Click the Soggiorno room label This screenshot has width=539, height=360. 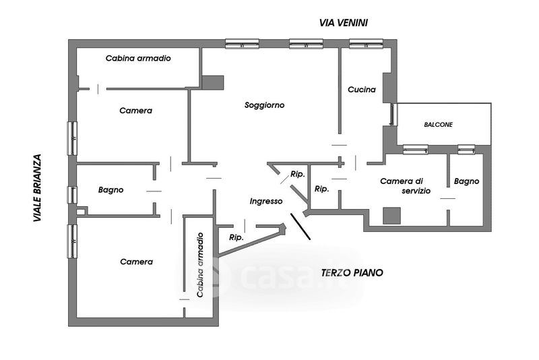pos(265,105)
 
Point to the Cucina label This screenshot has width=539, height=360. pos(362,90)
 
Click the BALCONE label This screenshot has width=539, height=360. pos(438,125)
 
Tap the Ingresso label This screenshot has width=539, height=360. pos(265,201)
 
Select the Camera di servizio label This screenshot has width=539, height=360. pos(402,186)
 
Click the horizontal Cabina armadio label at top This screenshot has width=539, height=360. pos(138,59)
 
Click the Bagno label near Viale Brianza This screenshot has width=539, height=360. pos(110,190)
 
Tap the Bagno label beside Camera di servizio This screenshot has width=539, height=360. pos(466,181)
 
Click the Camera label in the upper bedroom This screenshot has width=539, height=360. pos(135,111)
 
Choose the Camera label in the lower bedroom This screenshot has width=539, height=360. pos(136,262)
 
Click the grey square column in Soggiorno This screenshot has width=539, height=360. pos(212,82)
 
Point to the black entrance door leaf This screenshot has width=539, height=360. pos(300,227)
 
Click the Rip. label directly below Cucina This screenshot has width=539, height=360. pos(322,189)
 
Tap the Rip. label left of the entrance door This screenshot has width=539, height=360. pos(236,237)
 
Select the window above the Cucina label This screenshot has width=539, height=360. pos(366,44)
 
